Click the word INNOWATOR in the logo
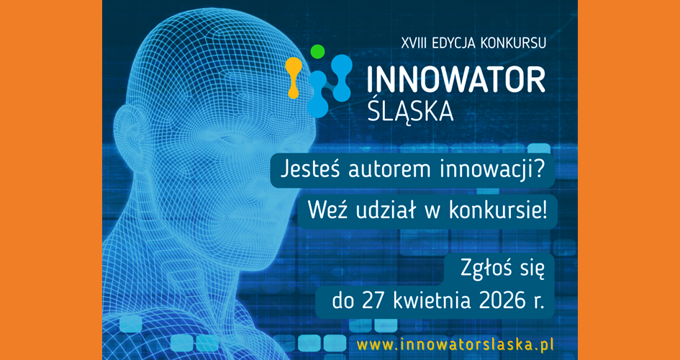455,80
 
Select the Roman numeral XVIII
415,42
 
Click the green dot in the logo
317,52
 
